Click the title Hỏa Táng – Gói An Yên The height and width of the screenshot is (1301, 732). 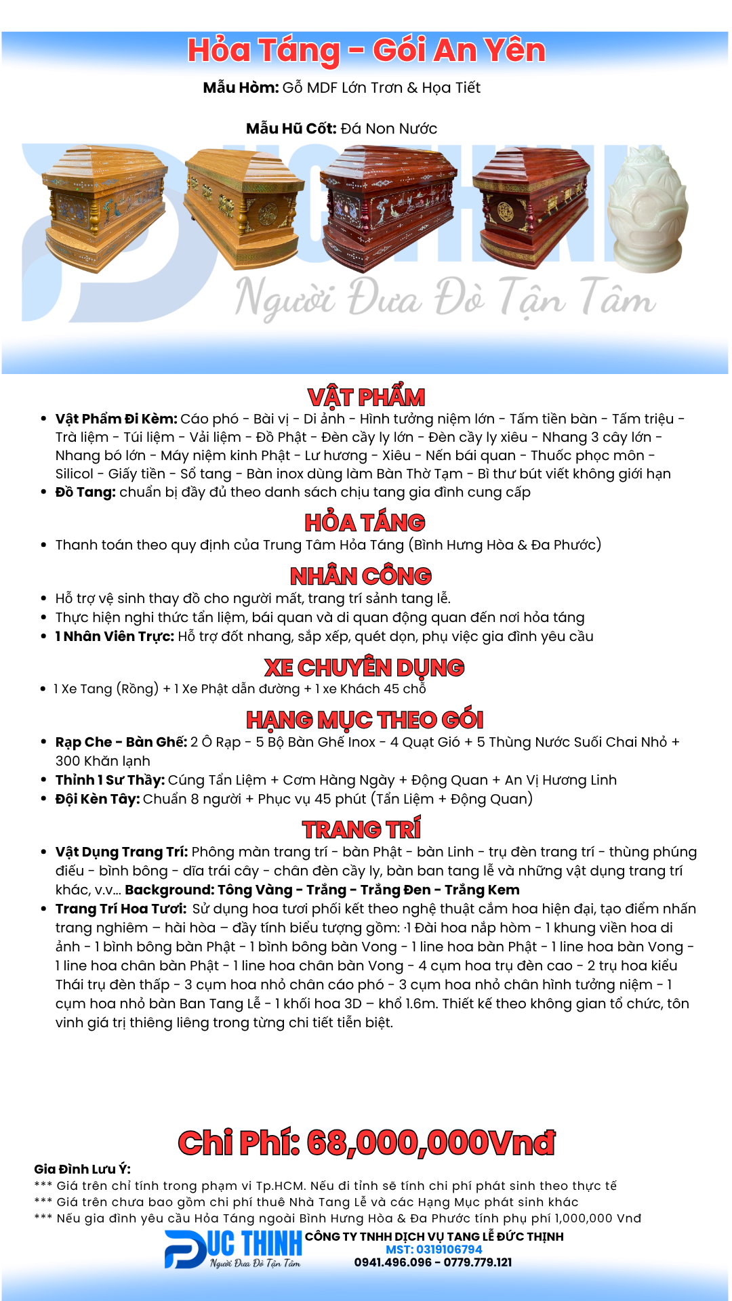[x=366, y=51]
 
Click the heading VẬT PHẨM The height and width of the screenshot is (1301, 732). [x=366, y=397]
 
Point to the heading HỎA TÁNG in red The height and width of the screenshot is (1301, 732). [x=365, y=522]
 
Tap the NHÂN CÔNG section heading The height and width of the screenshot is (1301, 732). [x=361, y=576]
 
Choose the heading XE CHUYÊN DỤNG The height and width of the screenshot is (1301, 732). [x=364, y=667]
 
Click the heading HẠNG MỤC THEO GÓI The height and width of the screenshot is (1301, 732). [x=365, y=720]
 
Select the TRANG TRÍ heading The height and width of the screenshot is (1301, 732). [x=361, y=829]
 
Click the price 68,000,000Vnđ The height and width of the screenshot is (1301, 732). [x=431, y=1142]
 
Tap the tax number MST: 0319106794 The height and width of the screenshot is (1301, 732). [x=434, y=1250]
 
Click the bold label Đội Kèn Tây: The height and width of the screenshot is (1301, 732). [x=98, y=799]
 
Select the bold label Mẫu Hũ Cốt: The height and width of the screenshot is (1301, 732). [x=291, y=129]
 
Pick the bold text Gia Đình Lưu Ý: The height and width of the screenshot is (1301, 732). [x=82, y=1169]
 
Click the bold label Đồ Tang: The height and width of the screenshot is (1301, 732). [x=85, y=492]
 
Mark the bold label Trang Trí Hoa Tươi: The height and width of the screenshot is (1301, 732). [x=121, y=909]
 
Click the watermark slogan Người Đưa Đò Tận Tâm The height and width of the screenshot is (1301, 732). [x=445, y=298]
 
